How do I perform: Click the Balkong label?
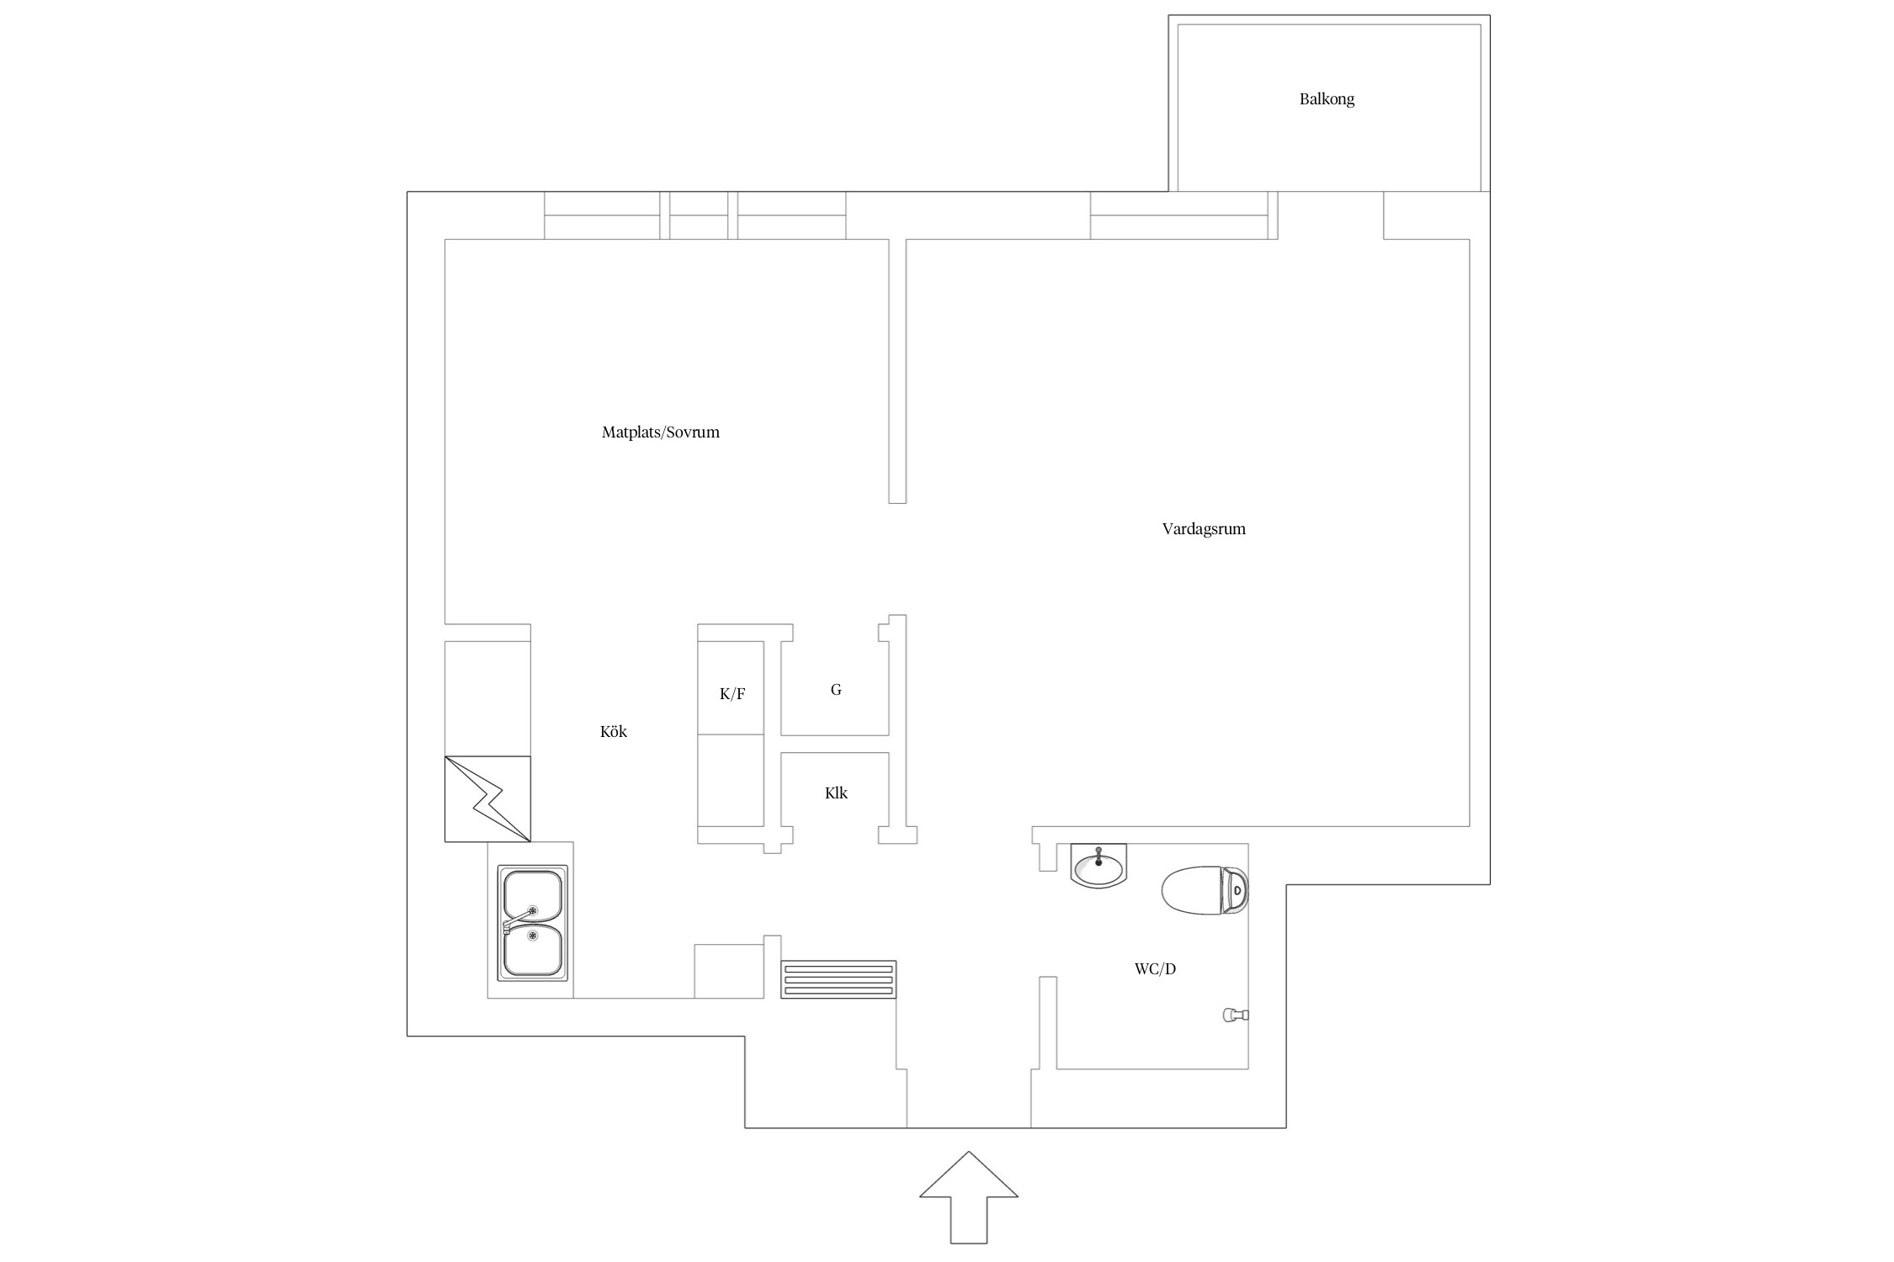tap(1327, 99)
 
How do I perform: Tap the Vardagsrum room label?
tap(1204, 529)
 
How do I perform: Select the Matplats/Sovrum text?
tap(661, 432)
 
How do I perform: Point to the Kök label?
tap(614, 731)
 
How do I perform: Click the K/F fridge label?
tap(732, 694)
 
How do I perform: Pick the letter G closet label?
tap(836, 690)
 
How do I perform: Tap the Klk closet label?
tap(836, 793)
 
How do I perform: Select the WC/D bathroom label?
tap(1155, 969)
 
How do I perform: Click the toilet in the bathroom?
tap(1205, 890)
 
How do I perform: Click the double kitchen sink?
tap(532, 923)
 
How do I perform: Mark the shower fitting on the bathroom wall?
tap(1236, 1015)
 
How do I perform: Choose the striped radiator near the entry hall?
tap(838, 979)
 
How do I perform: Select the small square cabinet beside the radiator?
tap(729, 971)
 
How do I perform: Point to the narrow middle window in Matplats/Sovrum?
tap(699, 215)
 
